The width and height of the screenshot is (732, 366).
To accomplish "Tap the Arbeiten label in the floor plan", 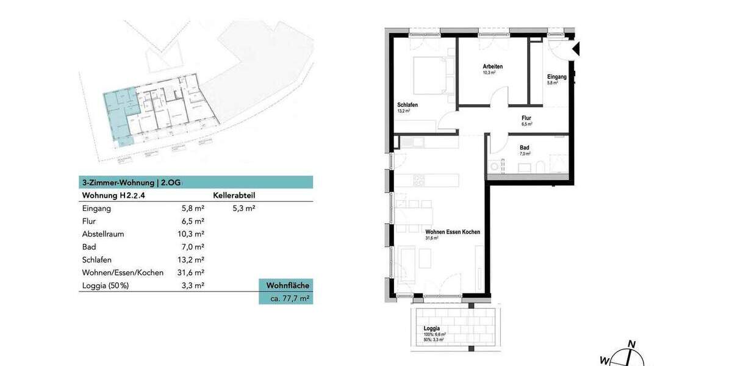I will (x=492, y=66).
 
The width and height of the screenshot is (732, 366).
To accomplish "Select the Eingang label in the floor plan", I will (x=556, y=77).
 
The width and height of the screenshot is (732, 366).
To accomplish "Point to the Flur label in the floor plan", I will (x=526, y=118).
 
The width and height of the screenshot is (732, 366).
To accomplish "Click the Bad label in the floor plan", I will (x=525, y=148).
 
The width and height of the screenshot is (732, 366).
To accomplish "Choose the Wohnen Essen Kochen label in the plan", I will (x=453, y=232).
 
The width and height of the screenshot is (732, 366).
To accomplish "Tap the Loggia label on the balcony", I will (x=431, y=329).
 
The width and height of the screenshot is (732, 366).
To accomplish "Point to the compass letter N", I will (x=632, y=344).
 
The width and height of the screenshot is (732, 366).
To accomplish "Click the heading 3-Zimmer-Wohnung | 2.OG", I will (x=133, y=182).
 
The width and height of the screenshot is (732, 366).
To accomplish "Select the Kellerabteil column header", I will (x=234, y=196).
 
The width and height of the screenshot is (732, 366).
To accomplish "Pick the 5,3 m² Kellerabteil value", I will (x=243, y=209).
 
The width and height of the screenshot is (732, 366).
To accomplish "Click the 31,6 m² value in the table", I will (x=189, y=273).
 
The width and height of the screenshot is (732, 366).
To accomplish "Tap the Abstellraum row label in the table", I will (x=105, y=234).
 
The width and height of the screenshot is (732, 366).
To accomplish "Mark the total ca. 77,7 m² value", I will (x=286, y=299).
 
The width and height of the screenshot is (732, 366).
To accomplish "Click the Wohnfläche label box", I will (x=286, y=285).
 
